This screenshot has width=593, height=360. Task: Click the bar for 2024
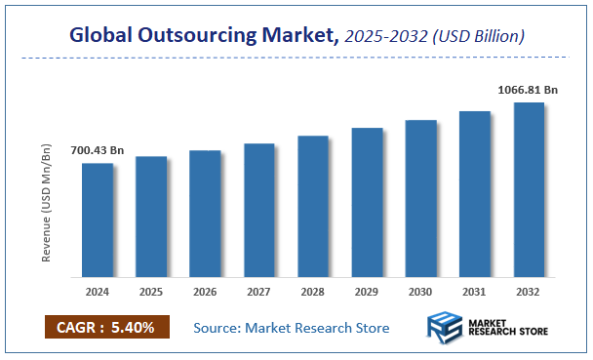[97, 218]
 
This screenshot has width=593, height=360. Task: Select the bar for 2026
[205, 212]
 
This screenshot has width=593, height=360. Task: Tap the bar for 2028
[312, 204]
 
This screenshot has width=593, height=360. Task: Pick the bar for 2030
[420, 196]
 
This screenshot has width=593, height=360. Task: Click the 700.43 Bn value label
[98, 150]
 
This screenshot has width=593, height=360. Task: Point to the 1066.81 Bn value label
[528, 89]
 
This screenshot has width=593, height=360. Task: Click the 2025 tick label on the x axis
[151, 291]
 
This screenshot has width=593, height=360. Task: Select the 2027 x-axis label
[258, 291]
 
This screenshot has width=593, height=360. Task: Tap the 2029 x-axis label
[367, 291]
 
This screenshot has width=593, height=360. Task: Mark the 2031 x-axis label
[474, 291]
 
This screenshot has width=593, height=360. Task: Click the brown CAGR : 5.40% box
[107, 326]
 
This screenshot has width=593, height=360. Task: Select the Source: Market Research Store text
[291, 327]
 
